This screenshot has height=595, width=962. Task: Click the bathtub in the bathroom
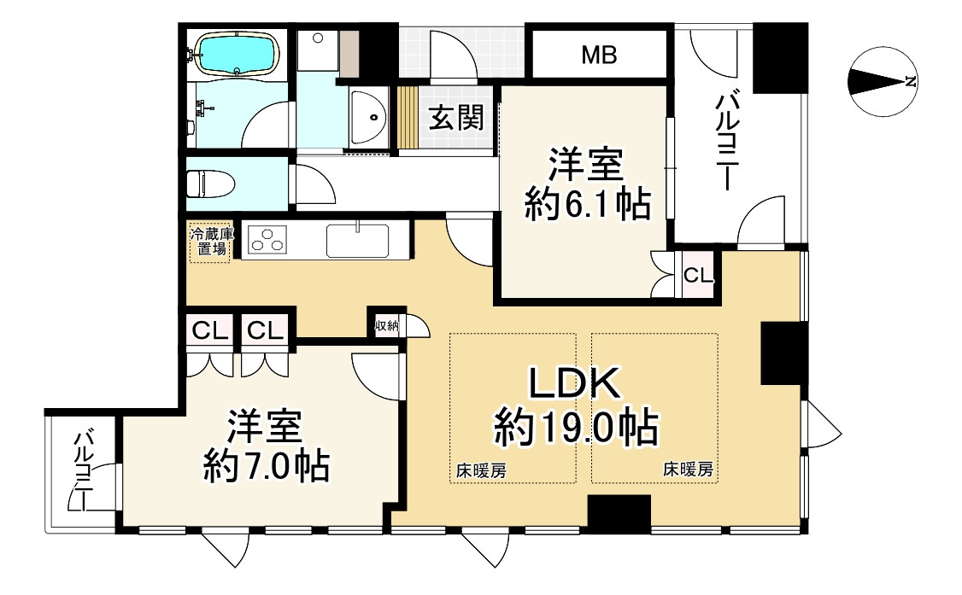(233, 54)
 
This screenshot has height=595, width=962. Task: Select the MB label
(599, 55)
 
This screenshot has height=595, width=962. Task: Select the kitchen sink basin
(357, 241)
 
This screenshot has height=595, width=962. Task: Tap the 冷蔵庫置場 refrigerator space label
(209, 241)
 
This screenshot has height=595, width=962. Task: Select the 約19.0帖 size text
(575, 427)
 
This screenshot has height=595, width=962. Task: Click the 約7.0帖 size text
(267, 466)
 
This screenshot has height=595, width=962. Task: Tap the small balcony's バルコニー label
(83, 470)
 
